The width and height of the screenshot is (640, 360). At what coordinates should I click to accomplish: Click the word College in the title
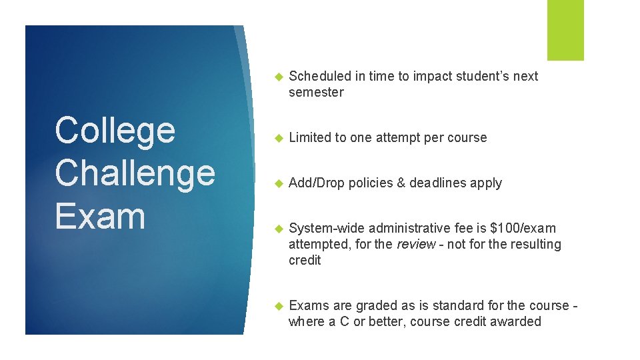click(115, 131)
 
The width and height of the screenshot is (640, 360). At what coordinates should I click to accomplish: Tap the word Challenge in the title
click(135, 173)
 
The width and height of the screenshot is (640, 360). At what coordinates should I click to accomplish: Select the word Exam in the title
click(100, 216)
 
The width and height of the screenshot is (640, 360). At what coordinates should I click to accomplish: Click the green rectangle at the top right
click(565, 30)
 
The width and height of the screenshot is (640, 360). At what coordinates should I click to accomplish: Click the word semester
click(316, 92)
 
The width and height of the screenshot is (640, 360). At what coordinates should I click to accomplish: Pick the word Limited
click(310, 137)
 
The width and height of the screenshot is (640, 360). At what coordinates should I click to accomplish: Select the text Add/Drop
click(317, 183)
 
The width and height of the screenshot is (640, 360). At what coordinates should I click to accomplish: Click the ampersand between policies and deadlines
click(401, 183)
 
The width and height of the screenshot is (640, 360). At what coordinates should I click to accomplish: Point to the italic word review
click(416, 244)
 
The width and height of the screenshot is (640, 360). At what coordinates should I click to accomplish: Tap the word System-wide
click(327, 228)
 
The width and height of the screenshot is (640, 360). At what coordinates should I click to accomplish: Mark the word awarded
click(515, 321)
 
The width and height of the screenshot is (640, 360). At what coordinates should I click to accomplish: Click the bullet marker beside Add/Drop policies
click(279, 183)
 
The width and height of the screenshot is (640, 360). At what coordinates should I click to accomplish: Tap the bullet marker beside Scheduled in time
click(279, 76)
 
